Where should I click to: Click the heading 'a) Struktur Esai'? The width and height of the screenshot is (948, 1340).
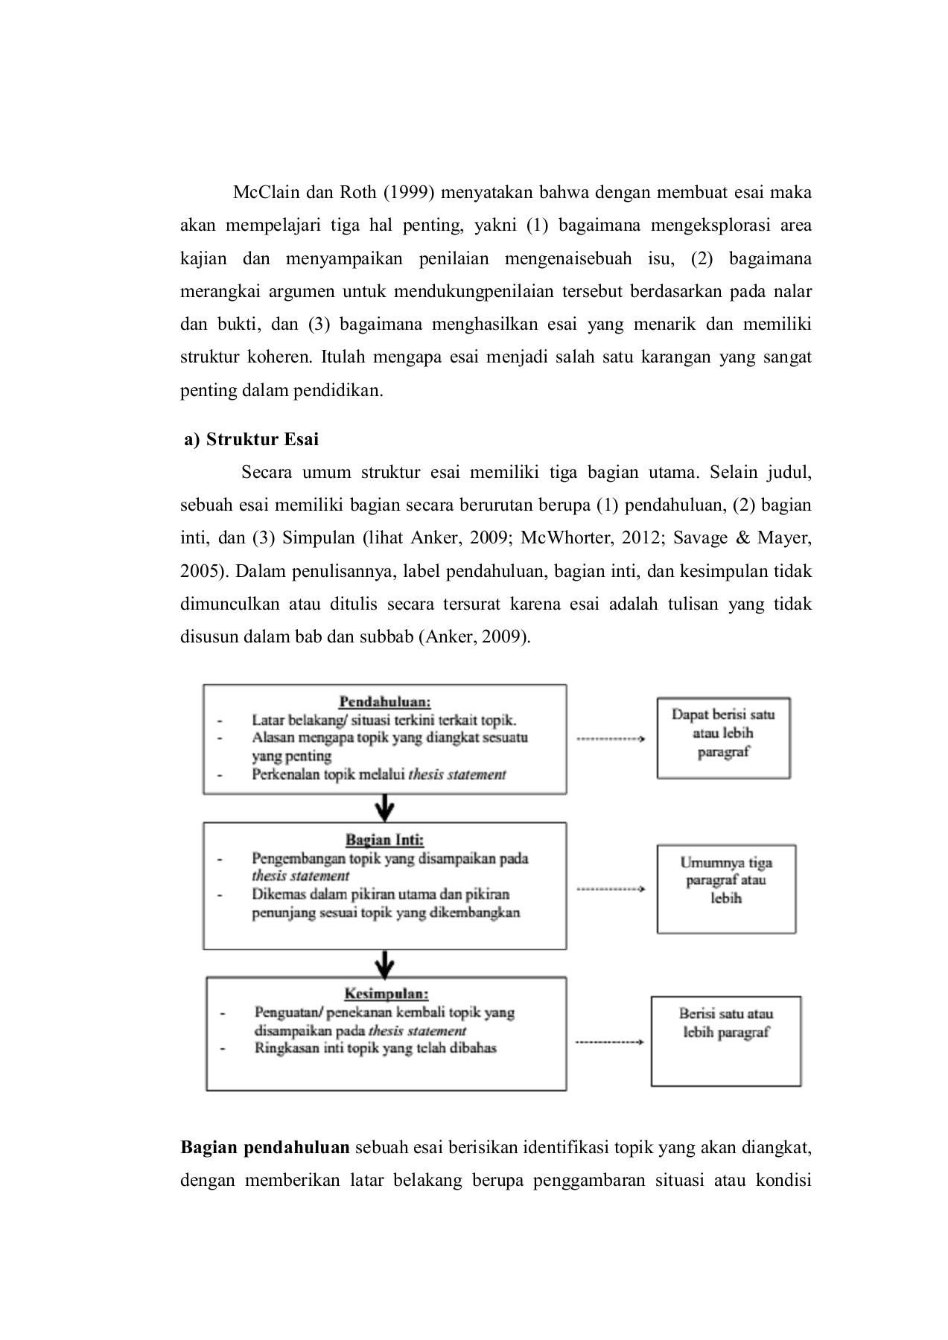[x=251, y=439]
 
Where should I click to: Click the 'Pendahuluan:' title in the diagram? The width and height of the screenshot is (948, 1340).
[x=385, y=701]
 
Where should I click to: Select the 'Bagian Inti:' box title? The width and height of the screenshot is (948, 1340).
[x=384, y=840]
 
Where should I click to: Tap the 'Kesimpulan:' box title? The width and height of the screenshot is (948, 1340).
[x=386, y=994]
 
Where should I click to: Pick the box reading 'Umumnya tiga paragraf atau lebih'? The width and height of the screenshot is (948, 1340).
[x=726, y=888]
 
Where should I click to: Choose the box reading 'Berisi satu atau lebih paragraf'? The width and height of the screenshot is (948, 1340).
[x=726, y=1041]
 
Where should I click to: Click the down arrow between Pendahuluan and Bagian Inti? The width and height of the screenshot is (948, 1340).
[x=384, y=808]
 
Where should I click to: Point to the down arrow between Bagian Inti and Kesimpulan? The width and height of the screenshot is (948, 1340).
[x=384, y=963]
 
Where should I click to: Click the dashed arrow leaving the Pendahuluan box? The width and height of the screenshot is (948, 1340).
[x=610, y=739]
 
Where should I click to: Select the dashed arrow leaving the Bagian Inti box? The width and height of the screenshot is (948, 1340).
[x=610, y=889]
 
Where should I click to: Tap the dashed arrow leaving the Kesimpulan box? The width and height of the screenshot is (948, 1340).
[x=610, y=1042]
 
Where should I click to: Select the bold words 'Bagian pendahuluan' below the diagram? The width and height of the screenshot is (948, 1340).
[x=265, y=1147]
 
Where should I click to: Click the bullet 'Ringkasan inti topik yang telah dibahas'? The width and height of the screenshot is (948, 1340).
[x=375, y=1048]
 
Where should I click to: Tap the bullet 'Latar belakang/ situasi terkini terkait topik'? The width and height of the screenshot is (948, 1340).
[x=384, y=720]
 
